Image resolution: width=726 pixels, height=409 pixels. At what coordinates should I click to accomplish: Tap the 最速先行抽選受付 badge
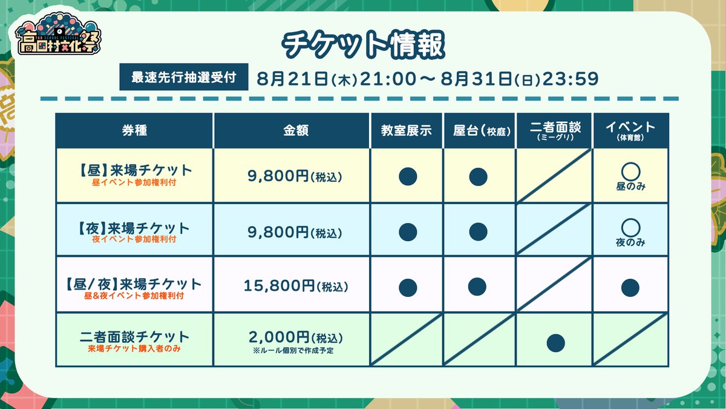(184, 78)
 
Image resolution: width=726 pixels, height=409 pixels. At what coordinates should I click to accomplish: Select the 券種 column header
(134, 130)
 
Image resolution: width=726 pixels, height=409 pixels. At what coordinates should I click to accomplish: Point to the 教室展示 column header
(407, 130)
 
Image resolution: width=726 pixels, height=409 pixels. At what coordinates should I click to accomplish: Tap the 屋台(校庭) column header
(479, 130)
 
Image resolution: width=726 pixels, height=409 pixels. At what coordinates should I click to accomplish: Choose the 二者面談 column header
(554, 130)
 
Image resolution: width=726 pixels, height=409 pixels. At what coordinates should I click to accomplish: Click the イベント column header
(630, 130)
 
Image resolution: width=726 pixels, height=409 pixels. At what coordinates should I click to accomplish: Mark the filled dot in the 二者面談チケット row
(555, 343)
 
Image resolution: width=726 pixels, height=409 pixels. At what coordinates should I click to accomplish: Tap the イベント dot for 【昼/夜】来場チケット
(630, 287)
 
